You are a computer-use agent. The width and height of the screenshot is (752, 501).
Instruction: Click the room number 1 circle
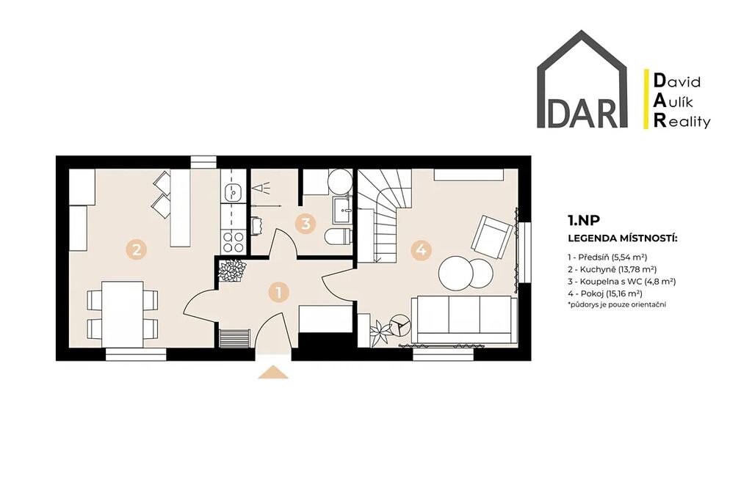click(x=278, y=292)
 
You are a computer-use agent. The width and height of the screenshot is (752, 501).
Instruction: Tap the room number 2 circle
click(x=136, y=249)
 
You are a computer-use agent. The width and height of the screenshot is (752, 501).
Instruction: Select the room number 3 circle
click(x=305, y=223)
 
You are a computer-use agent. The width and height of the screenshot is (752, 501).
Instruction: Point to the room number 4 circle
click(x=421, y=249)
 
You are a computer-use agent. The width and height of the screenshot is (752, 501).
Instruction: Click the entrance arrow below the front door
click(x=273, y=372)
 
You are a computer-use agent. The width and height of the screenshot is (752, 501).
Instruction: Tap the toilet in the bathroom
click(x=338, y=236)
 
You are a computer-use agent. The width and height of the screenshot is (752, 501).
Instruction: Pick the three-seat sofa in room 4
click(x=464, y=320)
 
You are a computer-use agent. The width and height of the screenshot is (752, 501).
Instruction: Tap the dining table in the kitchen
click(x=123, y=314)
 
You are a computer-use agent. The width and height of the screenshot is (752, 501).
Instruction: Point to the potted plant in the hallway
click(x=232, y=270)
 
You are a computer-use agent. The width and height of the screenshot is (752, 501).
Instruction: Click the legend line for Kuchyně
click(x=612, y=269)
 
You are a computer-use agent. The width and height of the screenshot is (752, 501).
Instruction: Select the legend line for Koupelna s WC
click(x=621, y=282)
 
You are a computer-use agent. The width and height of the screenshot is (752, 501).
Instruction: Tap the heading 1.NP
click(x=584, y=220)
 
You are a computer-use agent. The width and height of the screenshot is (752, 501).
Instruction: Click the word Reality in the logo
click(x=682, y=122)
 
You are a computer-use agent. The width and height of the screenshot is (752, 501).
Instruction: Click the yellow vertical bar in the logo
click(x=646, y=99)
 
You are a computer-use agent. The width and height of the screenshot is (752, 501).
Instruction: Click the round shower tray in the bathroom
click(x=341, y=181)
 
